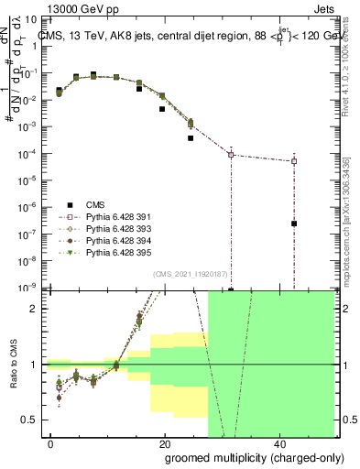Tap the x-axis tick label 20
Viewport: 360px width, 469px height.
(165, 443)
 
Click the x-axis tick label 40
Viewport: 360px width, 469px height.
(278, 443)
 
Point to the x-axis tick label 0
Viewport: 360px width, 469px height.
(51, 443)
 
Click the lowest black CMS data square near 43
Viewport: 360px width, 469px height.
(294, 224)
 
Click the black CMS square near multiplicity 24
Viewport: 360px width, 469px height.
(191, 138)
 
